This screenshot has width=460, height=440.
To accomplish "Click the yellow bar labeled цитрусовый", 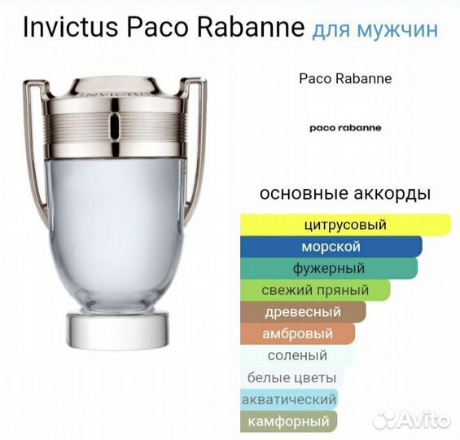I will (x=345, y=225).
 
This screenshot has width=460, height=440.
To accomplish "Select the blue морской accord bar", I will (x=331, y=247).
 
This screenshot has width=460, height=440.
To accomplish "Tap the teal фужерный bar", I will (x=329, y=268).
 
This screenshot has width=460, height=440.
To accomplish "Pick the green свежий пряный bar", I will (x=316, y=290).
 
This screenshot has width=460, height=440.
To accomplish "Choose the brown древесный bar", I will (x=303, y=312).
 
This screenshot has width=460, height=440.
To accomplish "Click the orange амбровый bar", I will (x=298, y=333).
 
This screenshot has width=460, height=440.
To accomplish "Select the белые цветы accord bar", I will (x=292, y=377).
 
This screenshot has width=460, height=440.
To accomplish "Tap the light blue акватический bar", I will (x=289, y=399).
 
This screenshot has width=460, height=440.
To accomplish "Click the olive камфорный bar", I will (x=289, y=421).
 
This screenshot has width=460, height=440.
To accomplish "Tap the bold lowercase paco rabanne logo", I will (x=345, y=128).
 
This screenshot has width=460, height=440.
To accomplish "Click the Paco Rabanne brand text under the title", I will (x=345, y=79).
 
